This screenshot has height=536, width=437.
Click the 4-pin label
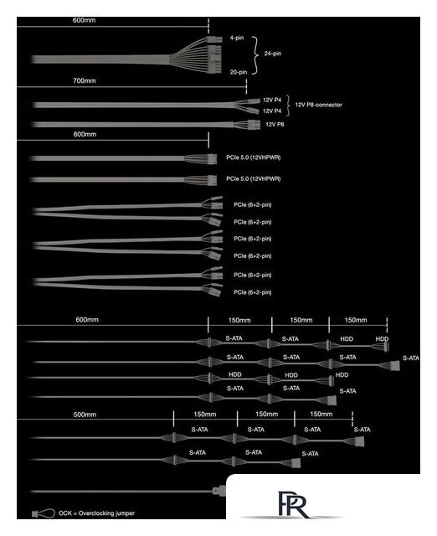click(x=236, y=38)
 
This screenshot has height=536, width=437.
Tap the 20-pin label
click(x=238, y=72)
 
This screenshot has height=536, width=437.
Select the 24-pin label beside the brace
click(x=273, y=54)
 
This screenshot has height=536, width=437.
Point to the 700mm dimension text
click(x=85, y=80)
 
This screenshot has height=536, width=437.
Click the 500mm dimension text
click(x=85, y=415)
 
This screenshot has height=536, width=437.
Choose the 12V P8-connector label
click(x=318, y=105)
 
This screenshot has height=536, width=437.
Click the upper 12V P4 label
click(x=272, y=100)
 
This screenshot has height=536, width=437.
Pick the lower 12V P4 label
click(x=272, y=111)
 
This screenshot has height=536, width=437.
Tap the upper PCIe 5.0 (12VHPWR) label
click(x=253, y=157)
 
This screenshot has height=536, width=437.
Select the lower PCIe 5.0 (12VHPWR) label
click(x=253, y=178)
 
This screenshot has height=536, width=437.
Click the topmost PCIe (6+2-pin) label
click(x=253, y=204)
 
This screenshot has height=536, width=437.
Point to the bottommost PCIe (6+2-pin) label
click(x=253, y=292)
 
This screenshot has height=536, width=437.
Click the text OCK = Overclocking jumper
click(x=97, y=513)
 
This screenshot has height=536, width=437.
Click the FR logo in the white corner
click(x=292, y=505)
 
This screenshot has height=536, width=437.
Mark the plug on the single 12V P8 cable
click(x=252, y=124)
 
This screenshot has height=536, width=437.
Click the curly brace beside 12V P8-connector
click(x=289, y=106)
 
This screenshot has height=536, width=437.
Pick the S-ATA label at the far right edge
click(x=411, y=358)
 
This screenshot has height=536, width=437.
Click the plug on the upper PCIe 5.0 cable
click(x=212, y=159)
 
